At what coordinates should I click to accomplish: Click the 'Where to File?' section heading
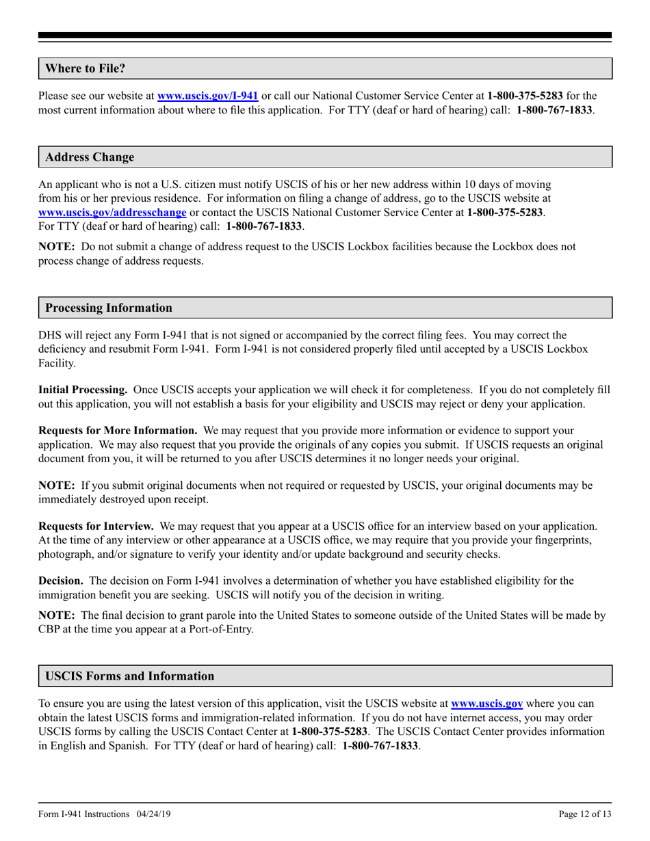pyautogui.click(x=85, y=68)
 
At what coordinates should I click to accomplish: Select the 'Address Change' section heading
pyautogui.click(x=90, y=157)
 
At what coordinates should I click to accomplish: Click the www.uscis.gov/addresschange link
pyautogui.click(x=112, y=212)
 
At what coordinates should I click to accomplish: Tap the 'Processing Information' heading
pyautogui.click(x=109, y=308)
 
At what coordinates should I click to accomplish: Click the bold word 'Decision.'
pyautogui.click(x=61, y=581)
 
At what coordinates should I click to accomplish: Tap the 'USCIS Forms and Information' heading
pyautogui.click(x=129, y=676)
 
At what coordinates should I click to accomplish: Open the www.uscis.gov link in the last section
pyautogui.click(x=487, y=703)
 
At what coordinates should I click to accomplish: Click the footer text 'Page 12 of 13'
pyautogui.click(x=585, y=814)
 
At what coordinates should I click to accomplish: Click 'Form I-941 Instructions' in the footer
pyautogui.click(x=83, y=814)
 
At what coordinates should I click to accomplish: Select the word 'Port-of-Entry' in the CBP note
pyautogui.click(x=224, y=629)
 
